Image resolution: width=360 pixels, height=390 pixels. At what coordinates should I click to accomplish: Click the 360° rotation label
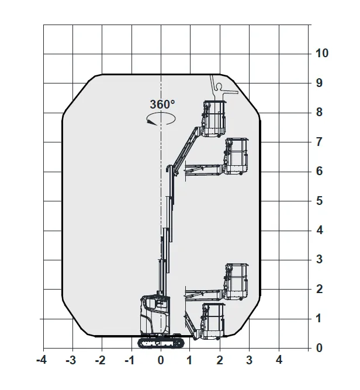162,105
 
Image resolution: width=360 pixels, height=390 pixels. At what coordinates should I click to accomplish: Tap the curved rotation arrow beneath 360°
161,119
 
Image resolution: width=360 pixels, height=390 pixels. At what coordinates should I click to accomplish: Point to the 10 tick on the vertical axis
322,53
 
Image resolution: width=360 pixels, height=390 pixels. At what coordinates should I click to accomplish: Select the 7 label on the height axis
320,142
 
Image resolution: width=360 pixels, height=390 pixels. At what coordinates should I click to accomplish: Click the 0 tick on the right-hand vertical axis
320,348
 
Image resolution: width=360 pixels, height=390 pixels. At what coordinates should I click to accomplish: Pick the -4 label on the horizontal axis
41,360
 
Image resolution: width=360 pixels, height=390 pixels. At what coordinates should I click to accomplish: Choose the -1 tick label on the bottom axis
130,360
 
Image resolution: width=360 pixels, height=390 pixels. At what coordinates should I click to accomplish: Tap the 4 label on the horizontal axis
279,360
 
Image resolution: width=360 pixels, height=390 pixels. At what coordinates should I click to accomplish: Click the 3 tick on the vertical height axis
320,259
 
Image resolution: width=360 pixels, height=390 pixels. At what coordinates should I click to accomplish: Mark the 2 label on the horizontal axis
220,360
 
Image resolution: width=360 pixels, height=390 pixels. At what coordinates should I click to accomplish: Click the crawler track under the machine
161,343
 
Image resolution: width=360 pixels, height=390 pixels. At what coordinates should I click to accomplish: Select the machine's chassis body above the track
155,315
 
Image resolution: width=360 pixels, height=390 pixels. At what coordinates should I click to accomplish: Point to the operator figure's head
219,86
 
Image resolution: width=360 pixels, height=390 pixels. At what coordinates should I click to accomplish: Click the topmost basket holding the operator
214,119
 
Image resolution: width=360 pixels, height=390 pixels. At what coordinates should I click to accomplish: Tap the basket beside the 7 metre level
236,156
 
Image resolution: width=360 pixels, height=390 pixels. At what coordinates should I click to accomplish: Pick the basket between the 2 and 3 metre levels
236,282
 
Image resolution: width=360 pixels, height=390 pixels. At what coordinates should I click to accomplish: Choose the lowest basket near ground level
213,321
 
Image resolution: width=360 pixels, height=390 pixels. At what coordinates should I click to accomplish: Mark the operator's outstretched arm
230,92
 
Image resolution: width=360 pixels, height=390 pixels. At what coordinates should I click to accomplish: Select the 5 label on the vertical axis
320,200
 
